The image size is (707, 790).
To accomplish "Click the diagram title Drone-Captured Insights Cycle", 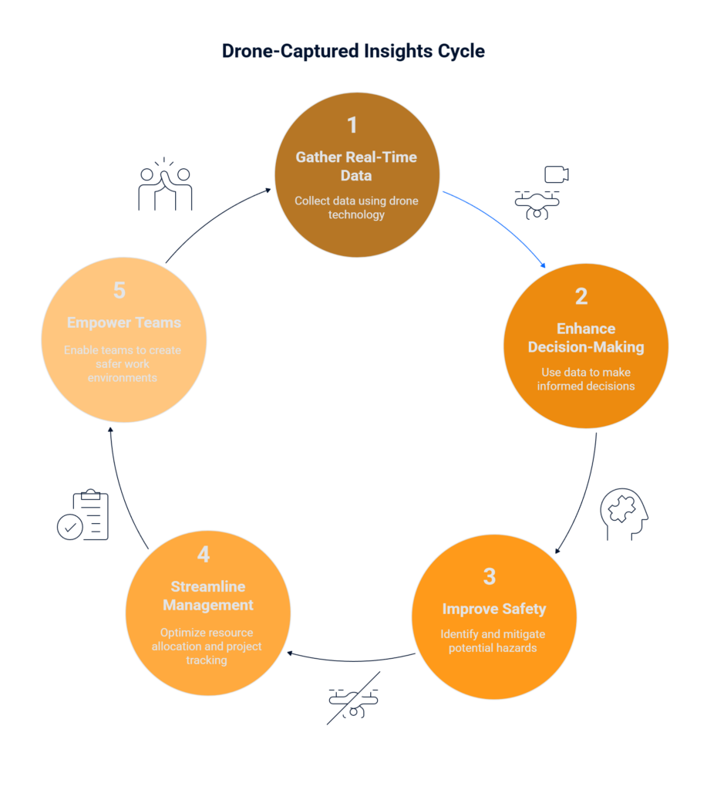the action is click(x=353, y=51).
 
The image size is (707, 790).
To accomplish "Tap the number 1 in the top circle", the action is click(x=352, y=125).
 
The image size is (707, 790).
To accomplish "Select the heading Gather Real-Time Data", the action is click(x=356, y=167).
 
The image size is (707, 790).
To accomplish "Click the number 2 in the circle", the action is click(x=581, y=296).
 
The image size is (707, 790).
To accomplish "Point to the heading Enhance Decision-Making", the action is click(x=586, y=338).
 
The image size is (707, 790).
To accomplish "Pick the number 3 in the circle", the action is click(x=490, y=576).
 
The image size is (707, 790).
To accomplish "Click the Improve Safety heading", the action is click(x=494, y=609).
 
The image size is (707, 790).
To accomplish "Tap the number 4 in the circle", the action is click(x=204, y=554).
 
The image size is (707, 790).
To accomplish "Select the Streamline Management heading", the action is click(x=208, y=596).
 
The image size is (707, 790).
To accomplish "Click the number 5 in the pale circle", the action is click(x=120, y=290).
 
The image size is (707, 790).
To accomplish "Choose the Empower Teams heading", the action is click(x=124, y=322).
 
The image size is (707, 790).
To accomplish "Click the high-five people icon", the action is click(x=165, y=184).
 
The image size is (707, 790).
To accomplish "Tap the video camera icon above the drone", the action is click(x=557, y=174).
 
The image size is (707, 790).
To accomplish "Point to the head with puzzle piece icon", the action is click(x=624, y=514).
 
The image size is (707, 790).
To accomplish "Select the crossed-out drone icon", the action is click(x=353, y=698).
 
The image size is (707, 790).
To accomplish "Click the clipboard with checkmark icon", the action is click(x=83, y=515).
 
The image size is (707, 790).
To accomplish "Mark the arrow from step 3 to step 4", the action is click(x=352, y=660).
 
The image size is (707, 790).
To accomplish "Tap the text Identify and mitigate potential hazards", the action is click(x=493, y=641).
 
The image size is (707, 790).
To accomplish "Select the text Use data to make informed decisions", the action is click(x=586, y=379).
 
